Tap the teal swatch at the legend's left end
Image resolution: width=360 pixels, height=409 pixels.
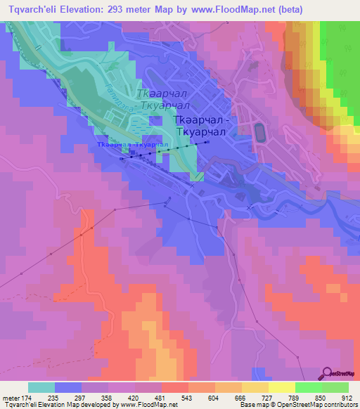click(x=41, y=387)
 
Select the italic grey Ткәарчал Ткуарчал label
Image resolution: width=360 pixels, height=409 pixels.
click(x=162, y=99)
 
